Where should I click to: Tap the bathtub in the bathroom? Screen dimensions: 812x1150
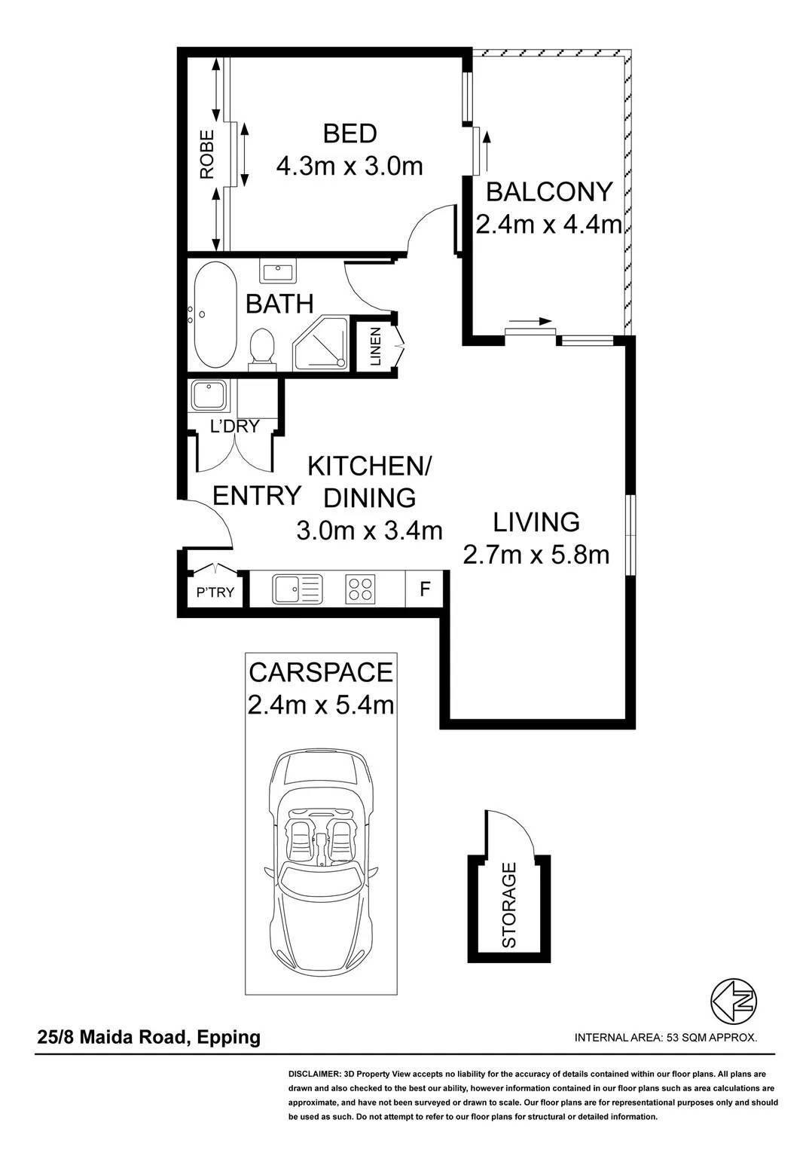point(215,315)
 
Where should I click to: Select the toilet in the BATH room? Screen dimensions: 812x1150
point(263,349)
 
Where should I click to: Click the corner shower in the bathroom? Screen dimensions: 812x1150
point(322,343)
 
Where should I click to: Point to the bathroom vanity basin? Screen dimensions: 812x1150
point(278,271)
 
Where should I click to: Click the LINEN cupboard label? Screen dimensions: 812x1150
point(376,346)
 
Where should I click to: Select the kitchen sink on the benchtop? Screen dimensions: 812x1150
point(298,589)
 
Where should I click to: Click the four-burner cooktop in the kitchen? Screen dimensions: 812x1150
point(360,589)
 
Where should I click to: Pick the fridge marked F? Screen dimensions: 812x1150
point(425,589)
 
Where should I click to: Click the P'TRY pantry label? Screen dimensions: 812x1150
point(215,592)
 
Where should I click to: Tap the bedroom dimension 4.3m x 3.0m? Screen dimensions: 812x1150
point(350,167)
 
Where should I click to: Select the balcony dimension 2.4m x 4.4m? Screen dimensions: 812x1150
point(548,225)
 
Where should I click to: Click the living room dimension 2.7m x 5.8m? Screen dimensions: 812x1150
point(536,555)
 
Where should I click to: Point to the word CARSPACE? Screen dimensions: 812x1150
point(321,672)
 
